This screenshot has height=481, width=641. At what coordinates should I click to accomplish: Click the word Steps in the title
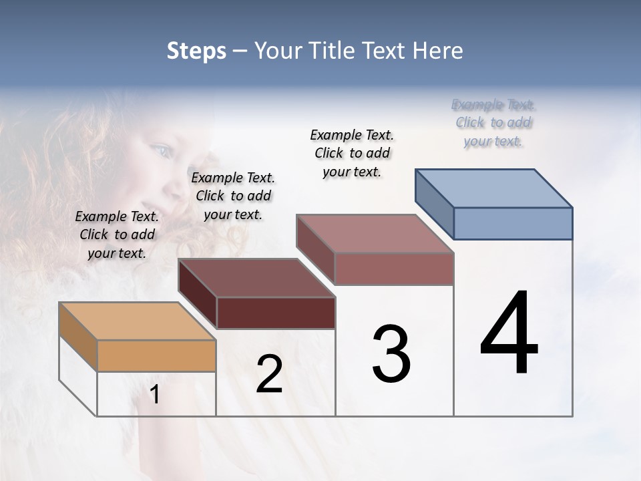click(196, 51)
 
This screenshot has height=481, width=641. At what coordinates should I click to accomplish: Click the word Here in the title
click(438, 51)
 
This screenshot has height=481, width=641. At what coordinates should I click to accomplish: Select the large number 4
click(509, 334)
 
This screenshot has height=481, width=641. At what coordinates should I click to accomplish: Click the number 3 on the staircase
click(391, 354)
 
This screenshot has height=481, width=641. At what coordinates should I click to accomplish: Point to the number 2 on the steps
click(269, 374)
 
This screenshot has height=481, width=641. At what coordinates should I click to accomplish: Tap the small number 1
click(155, 395)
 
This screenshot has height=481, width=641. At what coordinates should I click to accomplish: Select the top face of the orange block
click(138, 321)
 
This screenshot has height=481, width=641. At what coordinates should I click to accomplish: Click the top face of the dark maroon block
click(256, 278)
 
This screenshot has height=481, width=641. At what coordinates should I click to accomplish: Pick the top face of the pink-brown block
click(375, 234)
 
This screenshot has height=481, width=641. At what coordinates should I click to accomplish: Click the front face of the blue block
click(513, 223)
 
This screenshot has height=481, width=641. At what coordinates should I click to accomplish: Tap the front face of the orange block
click(156, 355)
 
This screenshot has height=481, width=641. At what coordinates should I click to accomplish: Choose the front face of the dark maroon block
click(276, 313)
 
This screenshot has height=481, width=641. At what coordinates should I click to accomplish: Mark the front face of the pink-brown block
click(394, 269)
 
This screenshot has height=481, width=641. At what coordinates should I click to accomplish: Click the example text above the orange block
click(117, 234)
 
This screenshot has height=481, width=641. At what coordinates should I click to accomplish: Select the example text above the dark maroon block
click(233, 196)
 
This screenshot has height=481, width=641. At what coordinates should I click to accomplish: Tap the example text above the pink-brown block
click(352, 153)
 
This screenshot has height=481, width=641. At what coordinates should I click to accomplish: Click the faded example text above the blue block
click(493, 123)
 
